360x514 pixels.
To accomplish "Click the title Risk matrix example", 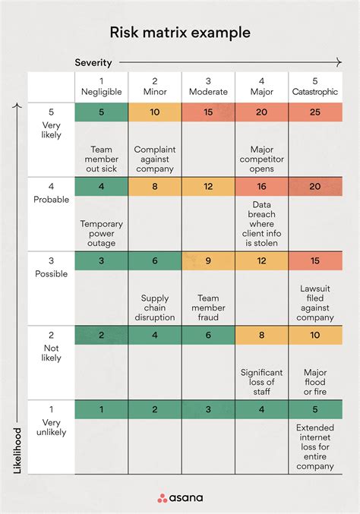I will pyautogui.click(x=180, y=33).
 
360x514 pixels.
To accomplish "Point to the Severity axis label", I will pyautogui.click(x=93, y=62).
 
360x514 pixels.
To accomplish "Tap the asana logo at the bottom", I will pyautogui.click(x=180, y=498).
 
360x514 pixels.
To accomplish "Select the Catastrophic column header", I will pyautogui.click(x=315, y=87).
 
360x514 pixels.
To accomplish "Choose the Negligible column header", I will pyautogui.click(x=102, y=87).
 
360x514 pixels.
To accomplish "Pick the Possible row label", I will pyautogui.click(x=51, y=268).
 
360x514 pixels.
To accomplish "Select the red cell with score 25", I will pyautogui.click(x=315, y=112).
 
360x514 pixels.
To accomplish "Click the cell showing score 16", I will pyautogui.click(x=261, y=187).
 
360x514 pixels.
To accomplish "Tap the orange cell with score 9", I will pyautogui.click(x=208, y=260).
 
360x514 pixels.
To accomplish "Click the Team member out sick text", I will pyautogui.click(x=102, y=159).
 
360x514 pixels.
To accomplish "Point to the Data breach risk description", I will pyautogui.click(x=261, y=224).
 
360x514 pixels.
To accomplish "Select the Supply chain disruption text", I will pyautogui.click(x=155, y=307).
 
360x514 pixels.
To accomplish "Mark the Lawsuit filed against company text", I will pyautogui.click(x=315, y=303).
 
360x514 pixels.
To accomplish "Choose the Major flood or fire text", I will pyautogui.click(x=315, y=382).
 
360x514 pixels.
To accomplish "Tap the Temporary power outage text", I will pyautogui.click(x=102, y=234).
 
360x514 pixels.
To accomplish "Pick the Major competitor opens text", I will pyautogui.click(x=261, y=159).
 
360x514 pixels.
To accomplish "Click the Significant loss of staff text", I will pyautogui.click(x=261, y=382).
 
